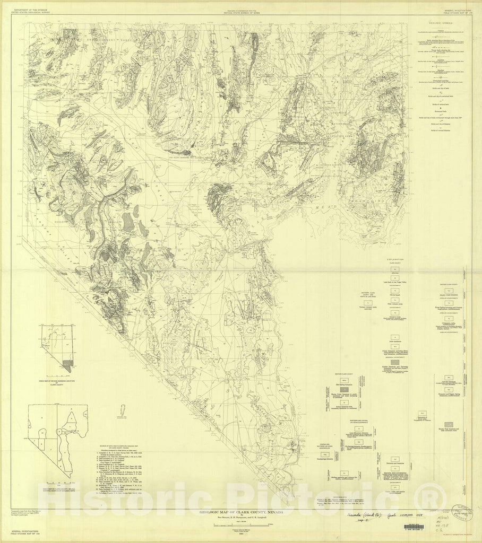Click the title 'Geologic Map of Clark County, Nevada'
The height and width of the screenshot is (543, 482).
tap(240, 512)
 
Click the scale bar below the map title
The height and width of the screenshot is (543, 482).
tap(240, 524)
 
